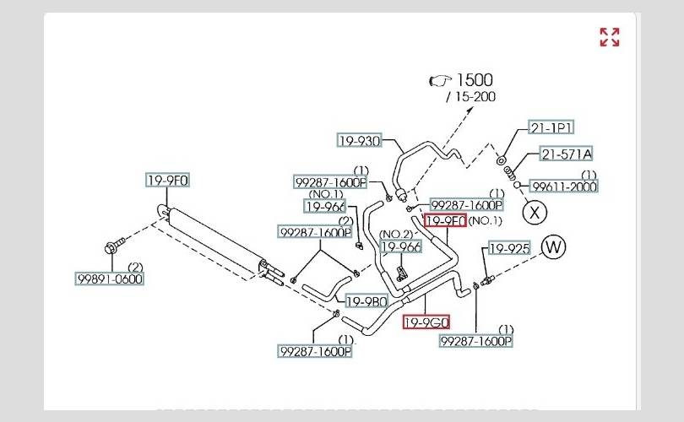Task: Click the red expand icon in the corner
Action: coord(609,36)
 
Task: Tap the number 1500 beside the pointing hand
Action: coord(475,80)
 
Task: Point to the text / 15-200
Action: coord(470,97)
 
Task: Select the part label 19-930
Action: coord(360,141)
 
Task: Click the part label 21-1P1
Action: coord(551,127)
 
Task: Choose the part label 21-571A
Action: coord(566,154)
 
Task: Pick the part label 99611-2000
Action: coord(564,187)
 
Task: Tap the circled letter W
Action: coord(553,247)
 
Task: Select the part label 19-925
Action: coord(509,248)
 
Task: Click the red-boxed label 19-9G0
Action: coord(426,322)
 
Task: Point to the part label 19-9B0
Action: coord(366,301)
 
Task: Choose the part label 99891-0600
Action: coord(109,279)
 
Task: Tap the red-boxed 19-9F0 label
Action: coord(445,221)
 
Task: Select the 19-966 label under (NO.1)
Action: coord(325,205)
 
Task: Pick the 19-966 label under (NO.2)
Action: coord(401,246)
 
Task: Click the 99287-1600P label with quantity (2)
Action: coord(315,232)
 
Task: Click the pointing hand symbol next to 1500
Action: coord(440,80)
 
